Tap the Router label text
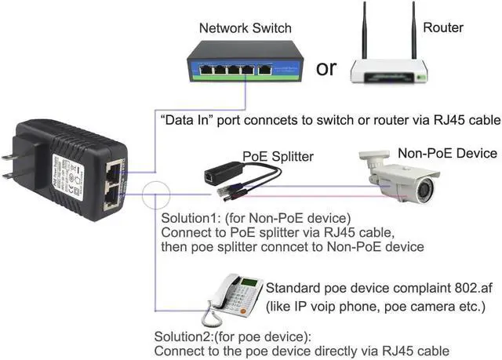tap(443, 28)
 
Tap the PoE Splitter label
tap(278, 157)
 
